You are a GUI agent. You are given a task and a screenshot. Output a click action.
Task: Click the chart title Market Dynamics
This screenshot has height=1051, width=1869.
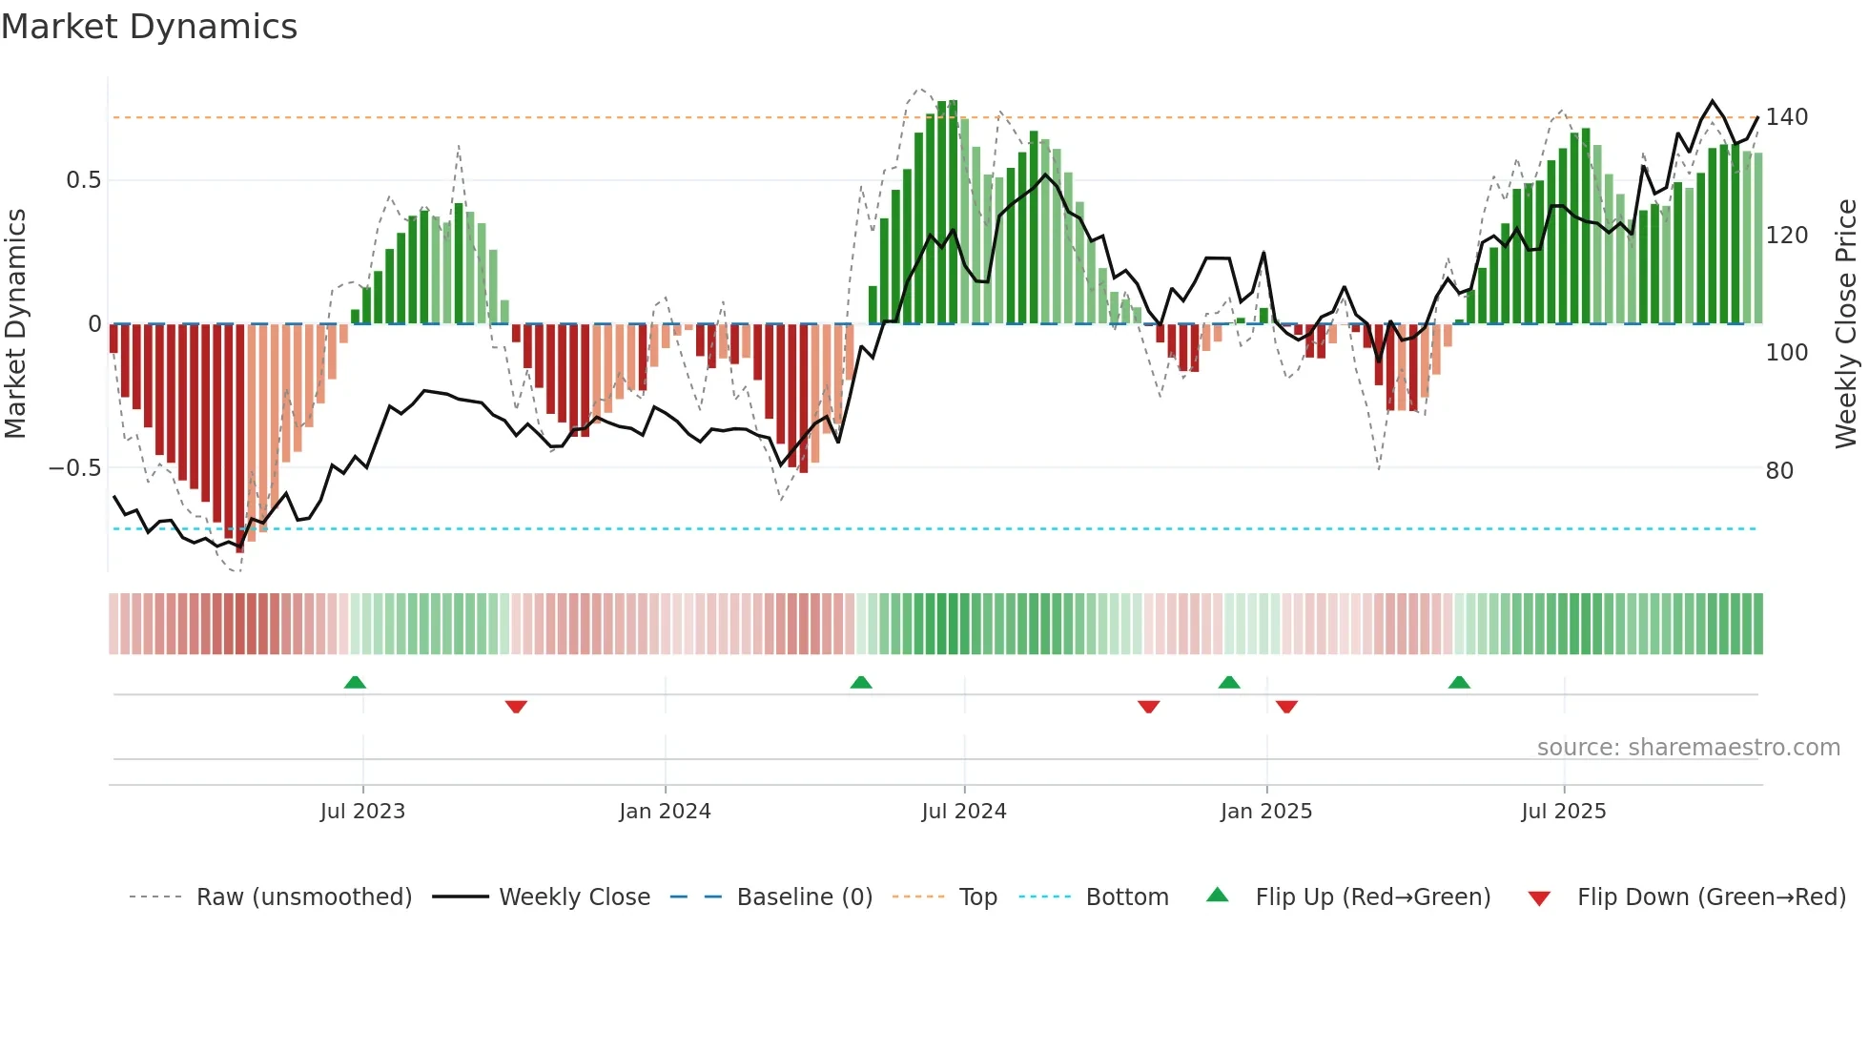[x=149, y=27]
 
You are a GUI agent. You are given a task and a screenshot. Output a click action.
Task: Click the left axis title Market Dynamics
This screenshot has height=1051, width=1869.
[x=15, y=324]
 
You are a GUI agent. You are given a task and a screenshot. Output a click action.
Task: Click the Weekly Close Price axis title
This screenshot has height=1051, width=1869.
[x=1846, y=324]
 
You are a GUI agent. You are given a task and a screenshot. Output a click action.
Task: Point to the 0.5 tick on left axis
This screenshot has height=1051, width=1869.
[x=83, y=180]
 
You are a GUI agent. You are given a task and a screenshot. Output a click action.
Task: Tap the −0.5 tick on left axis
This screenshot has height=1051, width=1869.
[x=74, y=468]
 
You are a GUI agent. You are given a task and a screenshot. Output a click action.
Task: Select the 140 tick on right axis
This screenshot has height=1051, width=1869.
[x=1786, y=117]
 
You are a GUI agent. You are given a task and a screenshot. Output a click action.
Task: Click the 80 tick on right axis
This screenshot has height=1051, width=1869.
[x=1779, y=471]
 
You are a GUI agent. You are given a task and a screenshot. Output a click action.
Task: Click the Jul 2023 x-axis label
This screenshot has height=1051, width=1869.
[x=362, y=812]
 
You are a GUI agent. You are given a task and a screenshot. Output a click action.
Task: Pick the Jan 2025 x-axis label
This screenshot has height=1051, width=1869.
[x=1265, y=812]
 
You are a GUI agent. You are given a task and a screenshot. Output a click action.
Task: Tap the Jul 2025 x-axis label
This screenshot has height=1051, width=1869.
[x=1563, y=812]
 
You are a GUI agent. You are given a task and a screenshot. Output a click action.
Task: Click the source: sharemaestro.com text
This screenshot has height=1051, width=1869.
[x=1688, y=748]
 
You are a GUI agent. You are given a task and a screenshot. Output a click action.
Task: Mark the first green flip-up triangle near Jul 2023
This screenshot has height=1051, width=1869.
[x=355, y=682]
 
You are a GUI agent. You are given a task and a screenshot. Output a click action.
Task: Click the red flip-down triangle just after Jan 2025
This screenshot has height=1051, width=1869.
[x=1286, y=707]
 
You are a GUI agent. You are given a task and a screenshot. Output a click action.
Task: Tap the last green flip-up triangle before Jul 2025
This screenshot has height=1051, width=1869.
[x=1459, y=682]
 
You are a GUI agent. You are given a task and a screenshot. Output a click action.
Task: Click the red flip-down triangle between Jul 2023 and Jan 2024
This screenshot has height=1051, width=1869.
[x=516, y=707]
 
